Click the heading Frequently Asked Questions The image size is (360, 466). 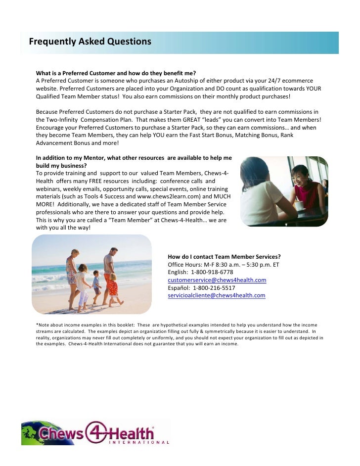(90, 42)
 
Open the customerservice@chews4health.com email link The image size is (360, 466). (217, 280)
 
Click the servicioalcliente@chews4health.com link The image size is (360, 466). (217, 296)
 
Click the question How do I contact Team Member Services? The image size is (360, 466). (224, 257)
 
